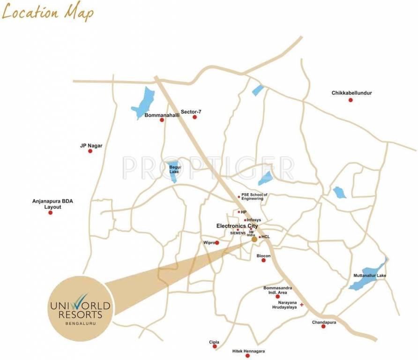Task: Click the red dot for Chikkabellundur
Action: click(x=350, y=100)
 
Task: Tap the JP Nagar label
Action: click(x=91, y=145)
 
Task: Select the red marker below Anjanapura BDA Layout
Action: click(x=51, y=213)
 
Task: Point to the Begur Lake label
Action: click(x=174, y=169)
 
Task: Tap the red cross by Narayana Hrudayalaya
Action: click(x=302, y=305)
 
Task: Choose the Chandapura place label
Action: click(x=324, y=322)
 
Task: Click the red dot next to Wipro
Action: click(x=216, y=243)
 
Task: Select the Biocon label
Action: click(x=263, y=255)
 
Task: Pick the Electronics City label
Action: click(x=237, y=226)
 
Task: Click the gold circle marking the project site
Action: click(x=254, y=239)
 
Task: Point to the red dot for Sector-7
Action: click(x=195, y=117)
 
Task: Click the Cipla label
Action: click(x=214, y=342)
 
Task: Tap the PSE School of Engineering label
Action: click(x=253, y=196)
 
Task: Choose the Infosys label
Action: click(x=254, y=220)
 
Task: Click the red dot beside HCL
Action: click(x=260, y=237)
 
